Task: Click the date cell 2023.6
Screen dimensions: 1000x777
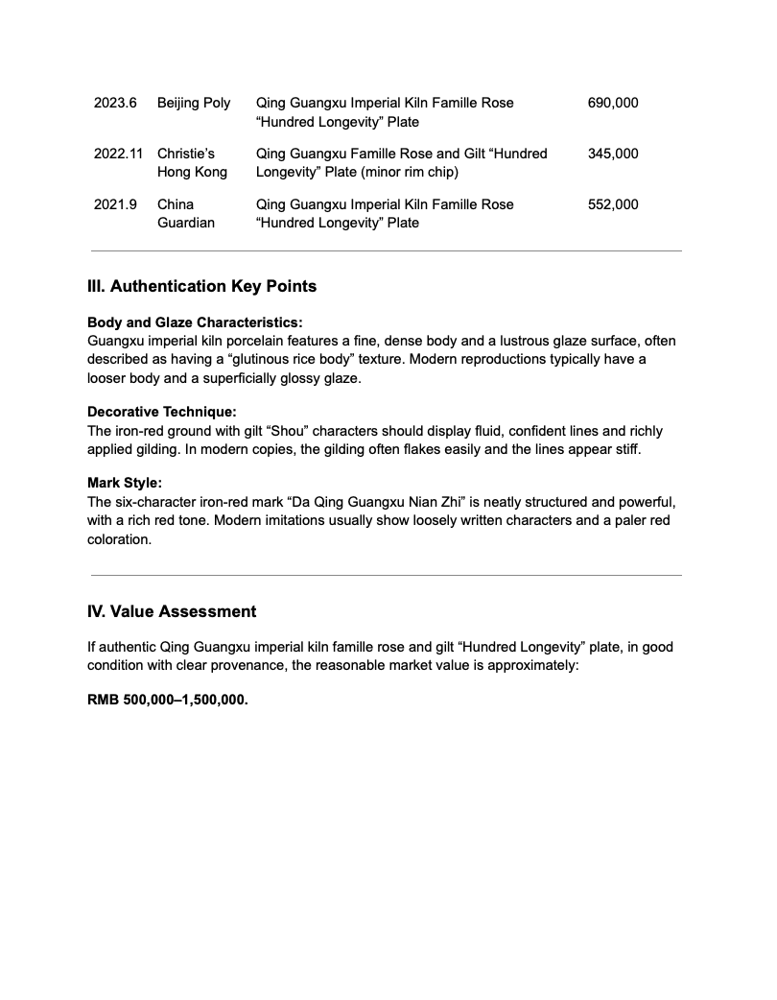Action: [115, 103]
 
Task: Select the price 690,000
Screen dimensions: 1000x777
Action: [612, 103]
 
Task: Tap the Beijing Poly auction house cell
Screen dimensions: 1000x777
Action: [194, 103]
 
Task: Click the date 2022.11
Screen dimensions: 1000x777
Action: [119, 154]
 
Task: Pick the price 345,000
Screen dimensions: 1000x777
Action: [612, 154]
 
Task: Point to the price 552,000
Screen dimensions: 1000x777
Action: [612, 204]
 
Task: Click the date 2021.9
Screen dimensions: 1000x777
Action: [115, 204]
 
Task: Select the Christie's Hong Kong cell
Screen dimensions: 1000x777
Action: [192, 163]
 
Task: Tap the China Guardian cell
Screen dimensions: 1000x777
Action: [185, 213]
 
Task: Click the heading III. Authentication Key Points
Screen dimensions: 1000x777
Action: [201, 286]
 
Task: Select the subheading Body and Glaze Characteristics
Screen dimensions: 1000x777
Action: [195, 322]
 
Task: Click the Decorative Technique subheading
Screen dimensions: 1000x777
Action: [161, 412]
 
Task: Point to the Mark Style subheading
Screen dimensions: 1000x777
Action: [125, 483]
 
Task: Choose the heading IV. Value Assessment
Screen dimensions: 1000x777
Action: [172, 611]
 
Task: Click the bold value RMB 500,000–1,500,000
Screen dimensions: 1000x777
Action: [168, 700]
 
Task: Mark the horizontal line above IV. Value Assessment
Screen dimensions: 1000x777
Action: [386, 576]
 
